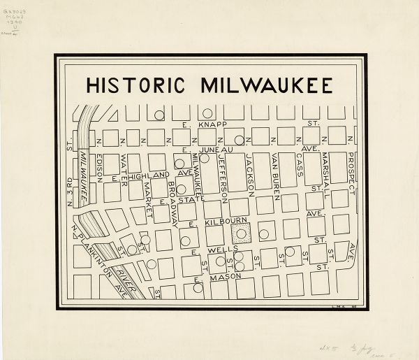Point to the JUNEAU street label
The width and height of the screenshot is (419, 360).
(209, 149)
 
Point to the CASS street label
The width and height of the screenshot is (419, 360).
(300, 164)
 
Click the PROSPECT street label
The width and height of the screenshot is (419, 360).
(352, 173)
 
